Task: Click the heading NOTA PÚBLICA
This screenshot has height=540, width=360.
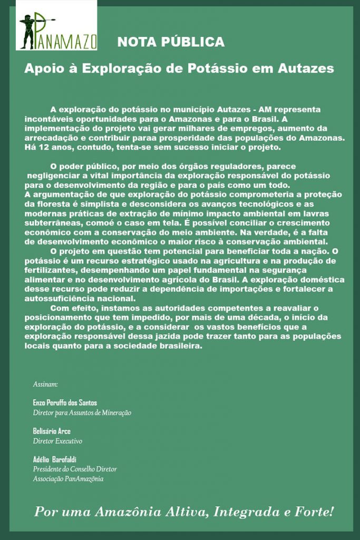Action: click(171, 42)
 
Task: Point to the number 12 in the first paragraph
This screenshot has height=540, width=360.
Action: click(39, 147)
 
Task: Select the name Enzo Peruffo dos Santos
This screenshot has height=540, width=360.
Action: click(65, 402)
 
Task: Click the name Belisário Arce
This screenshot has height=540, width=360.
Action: click(52, 431)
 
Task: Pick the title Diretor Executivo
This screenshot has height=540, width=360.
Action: click(57, 440)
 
